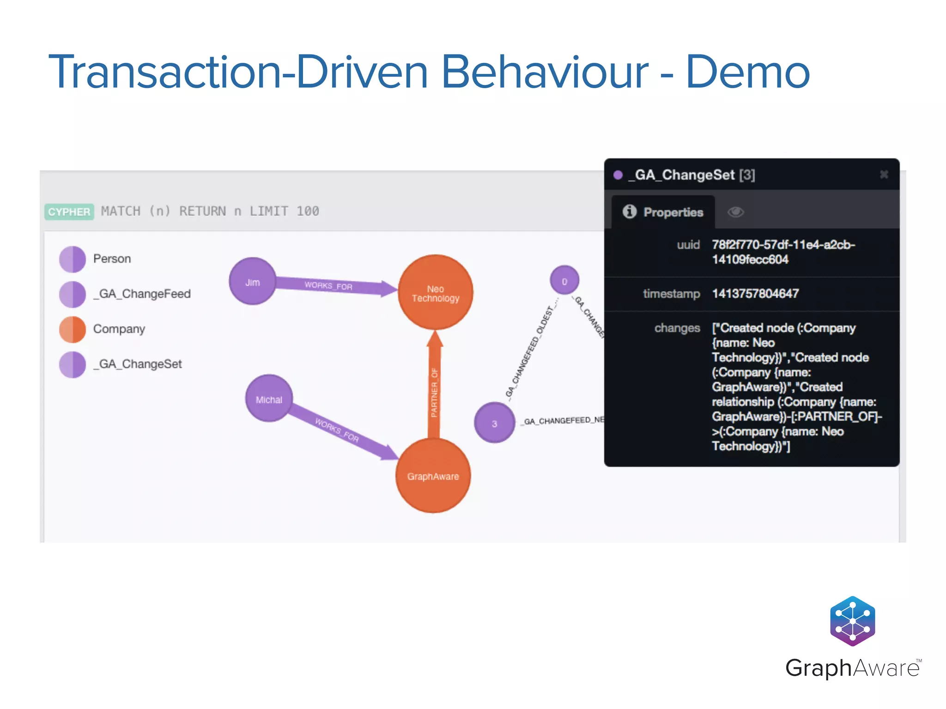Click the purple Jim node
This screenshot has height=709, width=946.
[252, 281]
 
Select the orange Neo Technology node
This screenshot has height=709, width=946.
[435, 292]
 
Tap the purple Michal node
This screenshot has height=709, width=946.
[269, 398]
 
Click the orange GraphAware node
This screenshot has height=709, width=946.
[433, 475]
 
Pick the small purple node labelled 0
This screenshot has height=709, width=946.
[564, 280]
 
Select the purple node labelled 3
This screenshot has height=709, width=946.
[494, 423]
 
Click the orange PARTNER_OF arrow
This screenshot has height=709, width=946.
[434, 388]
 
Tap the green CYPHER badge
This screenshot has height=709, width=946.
[69, 212]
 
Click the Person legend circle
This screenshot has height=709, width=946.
[73, 259]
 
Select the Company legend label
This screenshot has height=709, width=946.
[119, 329]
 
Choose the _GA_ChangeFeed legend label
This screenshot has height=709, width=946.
[142, 294]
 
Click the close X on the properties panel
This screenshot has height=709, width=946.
[884, 174]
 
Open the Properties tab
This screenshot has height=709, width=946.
[663, 212]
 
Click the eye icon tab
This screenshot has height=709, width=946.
[735, 212]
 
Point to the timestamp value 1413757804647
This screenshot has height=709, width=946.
[755, 294]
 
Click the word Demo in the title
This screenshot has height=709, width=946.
[747, 72]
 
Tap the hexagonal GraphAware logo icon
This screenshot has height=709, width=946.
[852, 621]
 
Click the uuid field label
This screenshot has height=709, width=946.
[688, 245]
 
